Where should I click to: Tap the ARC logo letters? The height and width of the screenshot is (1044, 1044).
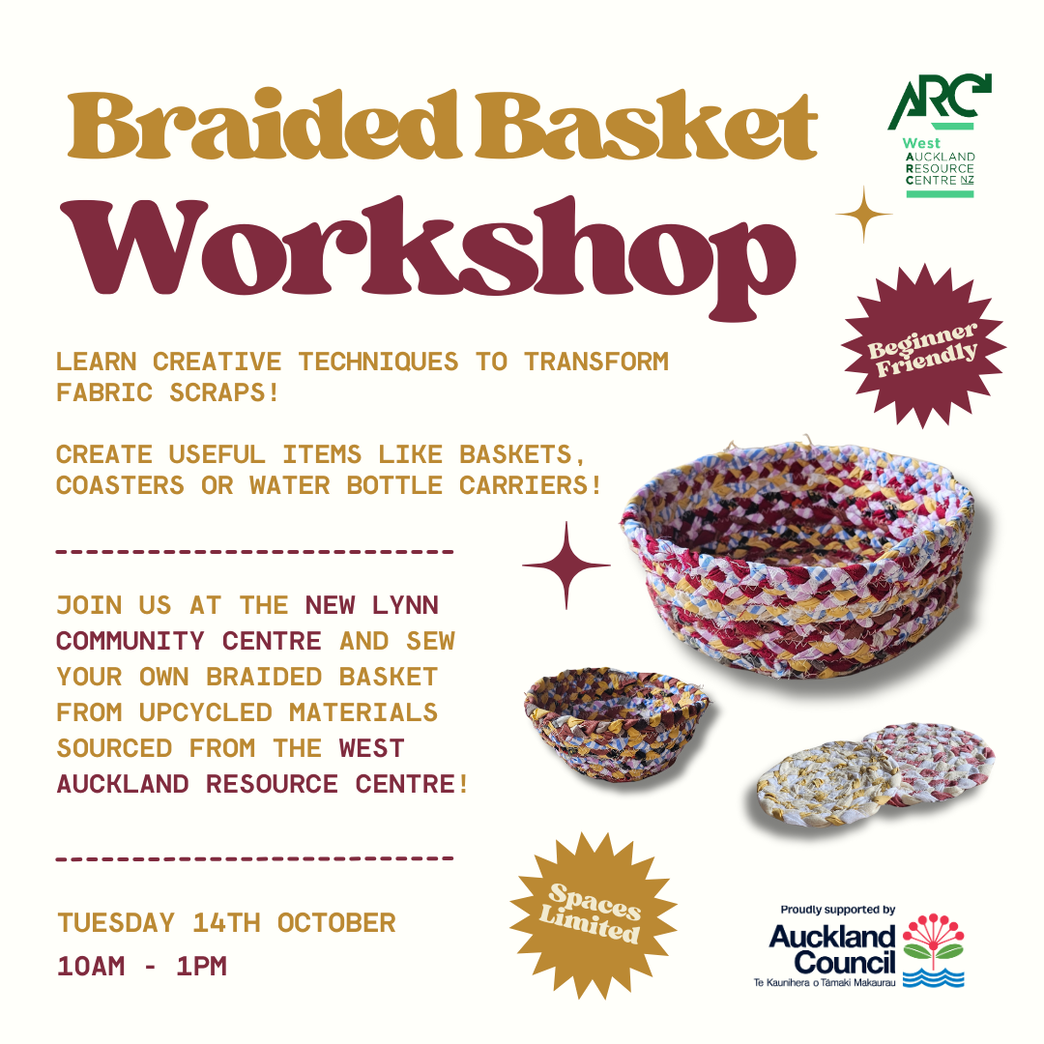939,101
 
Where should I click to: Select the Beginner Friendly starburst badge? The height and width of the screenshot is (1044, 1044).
923,345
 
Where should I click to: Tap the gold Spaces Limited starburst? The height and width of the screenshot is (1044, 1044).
593,914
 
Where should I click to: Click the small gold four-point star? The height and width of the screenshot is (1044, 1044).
863,215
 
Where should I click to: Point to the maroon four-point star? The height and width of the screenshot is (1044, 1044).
565,565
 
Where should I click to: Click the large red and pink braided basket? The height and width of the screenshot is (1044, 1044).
797,560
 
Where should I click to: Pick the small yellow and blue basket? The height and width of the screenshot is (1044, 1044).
617,723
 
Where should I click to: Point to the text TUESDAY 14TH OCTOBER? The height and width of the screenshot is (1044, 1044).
226,923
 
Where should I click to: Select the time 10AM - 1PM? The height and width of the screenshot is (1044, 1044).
142,966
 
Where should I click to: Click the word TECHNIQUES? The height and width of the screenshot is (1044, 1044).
378,362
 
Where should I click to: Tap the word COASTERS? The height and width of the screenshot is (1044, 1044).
120,485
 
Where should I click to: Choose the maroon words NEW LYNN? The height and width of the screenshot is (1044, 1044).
371,605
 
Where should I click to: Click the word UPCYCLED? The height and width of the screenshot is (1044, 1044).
206,712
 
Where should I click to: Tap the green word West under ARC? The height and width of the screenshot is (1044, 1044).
921,143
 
